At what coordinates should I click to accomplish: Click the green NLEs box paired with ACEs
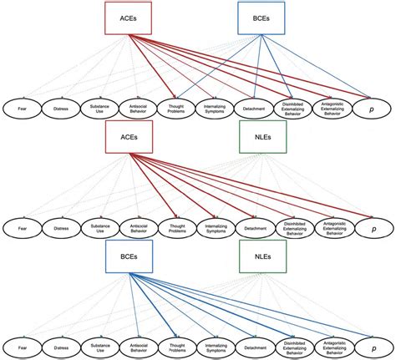tap(261, 137)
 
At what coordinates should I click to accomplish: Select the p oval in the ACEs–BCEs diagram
tap(371, 107)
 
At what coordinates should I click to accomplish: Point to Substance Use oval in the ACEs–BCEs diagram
tap(99, 107)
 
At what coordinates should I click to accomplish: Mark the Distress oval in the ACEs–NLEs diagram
tap(60, 227)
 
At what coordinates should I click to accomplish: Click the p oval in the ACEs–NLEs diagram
tap(371, 227)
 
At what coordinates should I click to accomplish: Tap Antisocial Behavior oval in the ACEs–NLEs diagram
tap(138, 227)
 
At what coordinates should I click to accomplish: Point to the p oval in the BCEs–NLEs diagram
tap(371, 347)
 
